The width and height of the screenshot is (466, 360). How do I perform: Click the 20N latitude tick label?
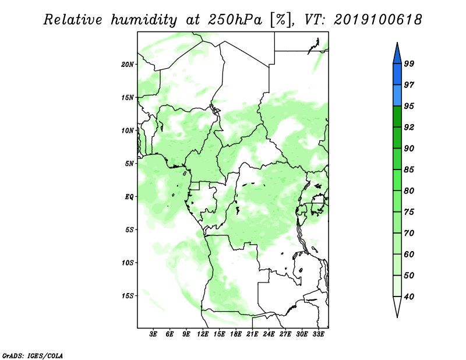coord(128,65)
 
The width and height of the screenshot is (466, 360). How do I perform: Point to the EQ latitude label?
coord(129,197)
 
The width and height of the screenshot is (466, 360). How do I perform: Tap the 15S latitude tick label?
coord(128,296)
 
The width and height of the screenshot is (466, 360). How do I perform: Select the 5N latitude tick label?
coord(129,164)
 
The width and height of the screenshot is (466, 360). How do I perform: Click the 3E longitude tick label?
coord(153,334)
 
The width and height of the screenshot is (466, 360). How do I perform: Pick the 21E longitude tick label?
coord(252,334)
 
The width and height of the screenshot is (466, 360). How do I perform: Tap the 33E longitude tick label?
coord(318,334)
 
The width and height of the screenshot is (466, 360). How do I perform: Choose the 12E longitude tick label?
coord(203,334)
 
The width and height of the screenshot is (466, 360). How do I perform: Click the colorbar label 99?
coord(409,63)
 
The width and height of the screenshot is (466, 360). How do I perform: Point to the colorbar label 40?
coord(409,297)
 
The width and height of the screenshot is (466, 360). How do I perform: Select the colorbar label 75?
coord(409,212)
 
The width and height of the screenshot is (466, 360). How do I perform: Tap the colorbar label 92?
coord(409,127)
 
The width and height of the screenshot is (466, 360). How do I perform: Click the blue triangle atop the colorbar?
coord(397,55)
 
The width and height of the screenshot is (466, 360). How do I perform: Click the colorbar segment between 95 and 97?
coord(397,96)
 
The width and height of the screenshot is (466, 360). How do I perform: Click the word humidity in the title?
coord(144,20)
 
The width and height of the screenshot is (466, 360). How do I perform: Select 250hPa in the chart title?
coord(235,20)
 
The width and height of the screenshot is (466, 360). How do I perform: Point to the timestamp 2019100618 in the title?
coord(377,20)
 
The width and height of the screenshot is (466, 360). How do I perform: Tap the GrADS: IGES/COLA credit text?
coord(33,355)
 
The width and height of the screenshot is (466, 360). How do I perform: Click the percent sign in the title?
coord(280,20)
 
